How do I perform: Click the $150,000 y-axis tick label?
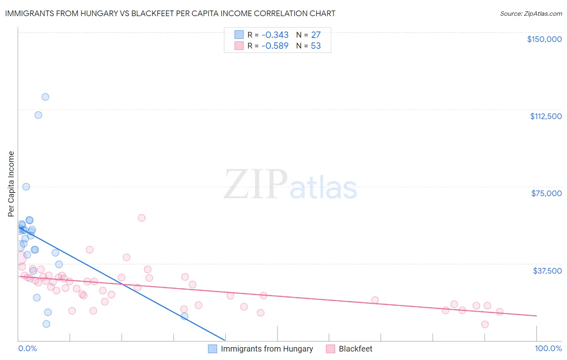[544, 39]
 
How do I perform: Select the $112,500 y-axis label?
[546, 116]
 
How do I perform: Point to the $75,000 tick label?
[546, 193]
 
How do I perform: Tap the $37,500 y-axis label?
[547, 271]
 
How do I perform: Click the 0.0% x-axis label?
[27, 348]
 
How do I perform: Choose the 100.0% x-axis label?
[548, 348]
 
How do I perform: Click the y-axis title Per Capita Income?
[11, 184]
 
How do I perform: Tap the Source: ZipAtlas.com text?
[531, 14]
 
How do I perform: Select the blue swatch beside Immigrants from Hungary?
[213, 349]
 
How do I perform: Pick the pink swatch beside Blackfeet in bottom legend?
[330, 349]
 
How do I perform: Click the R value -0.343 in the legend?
[275, 35]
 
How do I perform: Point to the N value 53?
[316, 46]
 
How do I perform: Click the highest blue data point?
[45, 97]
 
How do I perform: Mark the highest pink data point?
[142, 218]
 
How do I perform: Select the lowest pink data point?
[485, 324]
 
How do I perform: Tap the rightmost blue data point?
[184, 316]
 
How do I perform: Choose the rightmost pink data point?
[499, 312]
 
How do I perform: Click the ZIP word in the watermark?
[255, 185]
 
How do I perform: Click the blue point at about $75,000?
[26, 186]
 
